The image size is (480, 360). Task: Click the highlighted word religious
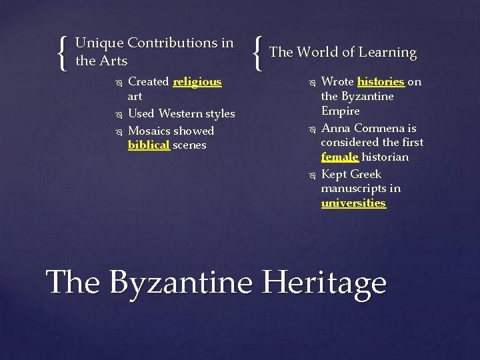pyautogui.click(x=197, y=82)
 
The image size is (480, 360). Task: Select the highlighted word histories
pyautogui.click(x=381, y=82)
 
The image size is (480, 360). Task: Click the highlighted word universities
pyautogui.click(x=353, y=203)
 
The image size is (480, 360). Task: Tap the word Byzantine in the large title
pyautogui.click(x=181, y=282)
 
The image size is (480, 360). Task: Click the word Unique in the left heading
pyautogui.click(x=99, y=43)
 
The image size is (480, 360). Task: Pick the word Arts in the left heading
pyautogui.click(x=113, y=61)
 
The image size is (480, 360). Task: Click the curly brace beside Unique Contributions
pyautogui.click(x=63, y=53)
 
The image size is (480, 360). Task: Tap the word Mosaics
pyautogui.click(x=149, y=131)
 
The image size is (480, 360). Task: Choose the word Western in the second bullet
pyautogui.click(x=182, y=114)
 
